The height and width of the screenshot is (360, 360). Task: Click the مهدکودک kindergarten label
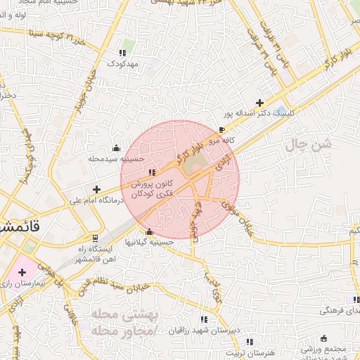pos(125,63)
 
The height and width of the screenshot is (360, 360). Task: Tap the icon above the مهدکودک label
pos(123,53)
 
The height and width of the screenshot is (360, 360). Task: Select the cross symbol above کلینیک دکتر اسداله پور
pos(260,103)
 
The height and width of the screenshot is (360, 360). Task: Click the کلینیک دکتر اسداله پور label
pos(258,113)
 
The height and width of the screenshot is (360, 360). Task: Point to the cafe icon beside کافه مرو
pos(222,130)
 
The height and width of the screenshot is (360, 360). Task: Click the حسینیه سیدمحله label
pos(114,159)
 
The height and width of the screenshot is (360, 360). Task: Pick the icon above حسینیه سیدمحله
pos(116,148)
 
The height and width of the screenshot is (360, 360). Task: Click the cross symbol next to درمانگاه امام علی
pos(96,189)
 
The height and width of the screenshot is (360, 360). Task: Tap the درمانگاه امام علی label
pos(96,200)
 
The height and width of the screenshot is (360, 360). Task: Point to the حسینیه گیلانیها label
pos(149,242)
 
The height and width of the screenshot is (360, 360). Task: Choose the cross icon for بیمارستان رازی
pos(22,271)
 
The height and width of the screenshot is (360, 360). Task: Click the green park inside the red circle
pos(195,163)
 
